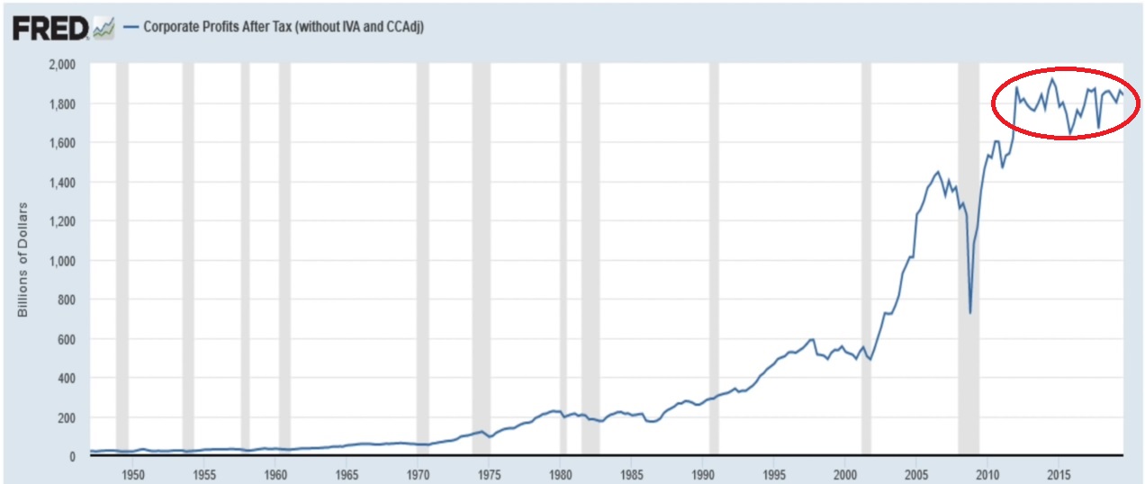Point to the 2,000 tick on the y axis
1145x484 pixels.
pyautogui.click(x=62, y=65)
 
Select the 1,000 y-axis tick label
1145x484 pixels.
pyautogui.click(x=62, y=261)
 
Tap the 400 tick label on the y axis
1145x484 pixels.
pyautogui.click(x=68, y=379)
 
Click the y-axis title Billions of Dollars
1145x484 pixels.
pyautogui.click(x=25, y=260)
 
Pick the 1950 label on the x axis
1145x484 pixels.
pyautogui.click(x=132, y=471)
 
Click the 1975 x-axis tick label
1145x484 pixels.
pyautogui.click(x=489, y=471)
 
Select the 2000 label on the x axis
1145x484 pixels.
pyautogui.click(x=845, y=471)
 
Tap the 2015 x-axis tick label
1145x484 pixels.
pyautogui.click(x=1059, y=471)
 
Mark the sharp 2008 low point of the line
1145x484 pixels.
pyautogui.click(x=969, y=311)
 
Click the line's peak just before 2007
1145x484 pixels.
pyautogui.click(x=938, y=172)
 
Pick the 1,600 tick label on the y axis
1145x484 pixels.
pyautogui.click(x=62, y=143)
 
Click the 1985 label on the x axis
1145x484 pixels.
pyautogui.click(x=632, y=471)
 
